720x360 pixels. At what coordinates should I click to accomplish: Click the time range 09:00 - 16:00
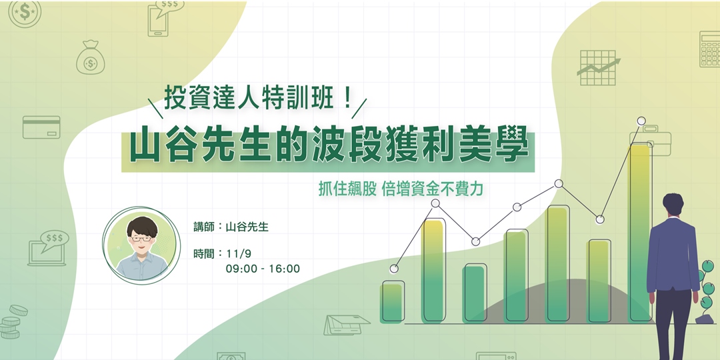point(263,269)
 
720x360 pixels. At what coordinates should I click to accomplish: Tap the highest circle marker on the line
point(641,121)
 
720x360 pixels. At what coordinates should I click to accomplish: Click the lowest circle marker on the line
point(394,269)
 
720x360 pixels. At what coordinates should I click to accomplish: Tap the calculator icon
point(709,49)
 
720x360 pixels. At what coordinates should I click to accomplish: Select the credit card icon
point(41,127)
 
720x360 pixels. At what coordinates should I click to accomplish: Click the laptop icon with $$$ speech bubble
point(48,248)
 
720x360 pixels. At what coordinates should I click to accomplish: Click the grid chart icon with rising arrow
point(597,67)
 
